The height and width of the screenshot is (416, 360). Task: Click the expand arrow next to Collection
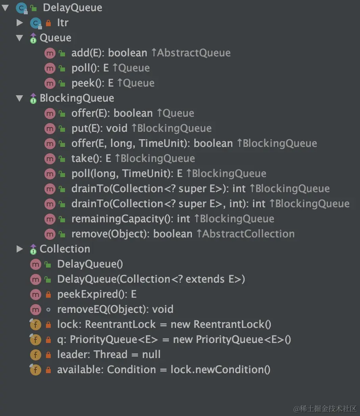click(20, 249)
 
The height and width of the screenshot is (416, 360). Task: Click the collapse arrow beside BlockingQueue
click(20, 98)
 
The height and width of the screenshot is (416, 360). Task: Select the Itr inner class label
click(63, 23)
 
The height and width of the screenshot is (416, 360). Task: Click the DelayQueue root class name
click(72, 8)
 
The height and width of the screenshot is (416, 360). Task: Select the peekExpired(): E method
click(97, 294)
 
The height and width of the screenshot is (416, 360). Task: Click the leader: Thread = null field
click(109, 354)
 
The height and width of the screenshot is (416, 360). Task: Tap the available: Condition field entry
click(163, 370)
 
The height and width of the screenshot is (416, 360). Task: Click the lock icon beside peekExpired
click(48, 295)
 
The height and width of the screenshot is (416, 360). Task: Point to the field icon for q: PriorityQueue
click(35, 339)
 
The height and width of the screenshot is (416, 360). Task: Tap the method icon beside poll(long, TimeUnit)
click(50, 173)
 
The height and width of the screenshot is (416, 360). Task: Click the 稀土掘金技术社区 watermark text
click(325, 408)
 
